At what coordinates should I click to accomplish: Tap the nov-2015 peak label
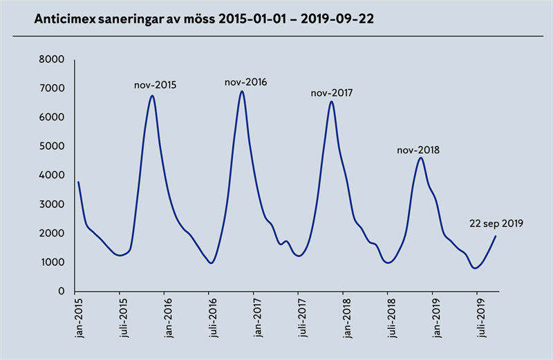[155, 86]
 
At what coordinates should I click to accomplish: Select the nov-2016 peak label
[245, 82]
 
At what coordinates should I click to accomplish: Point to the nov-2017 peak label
[332, 93]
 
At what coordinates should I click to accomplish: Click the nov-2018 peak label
[418, 149]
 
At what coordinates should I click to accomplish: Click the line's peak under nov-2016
[242, 91]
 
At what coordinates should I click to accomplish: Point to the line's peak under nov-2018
[420, 158]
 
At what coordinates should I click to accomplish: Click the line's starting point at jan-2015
[78, 182]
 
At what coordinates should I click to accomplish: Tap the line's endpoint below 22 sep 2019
[496, 236]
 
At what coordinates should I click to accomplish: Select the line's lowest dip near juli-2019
[475, 268]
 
